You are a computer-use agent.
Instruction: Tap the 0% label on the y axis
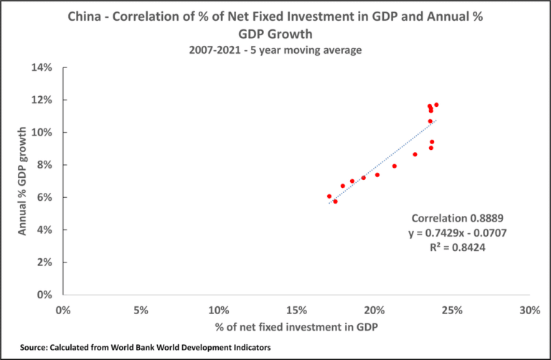46,295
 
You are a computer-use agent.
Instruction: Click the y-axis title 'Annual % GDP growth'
23,181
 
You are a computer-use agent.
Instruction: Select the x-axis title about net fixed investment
296,328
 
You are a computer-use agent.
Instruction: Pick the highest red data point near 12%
436,105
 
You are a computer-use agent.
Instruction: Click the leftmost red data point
329,196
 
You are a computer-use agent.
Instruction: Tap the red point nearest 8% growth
395,166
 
